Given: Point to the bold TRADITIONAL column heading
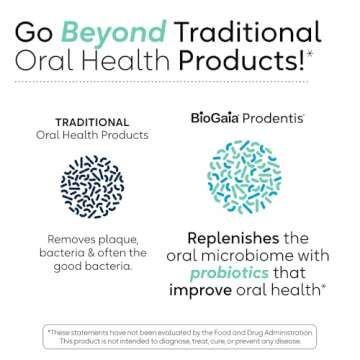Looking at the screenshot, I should [93, 119].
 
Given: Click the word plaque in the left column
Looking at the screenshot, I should [126, 240].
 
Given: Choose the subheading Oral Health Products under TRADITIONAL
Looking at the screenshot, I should [92, 134].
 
